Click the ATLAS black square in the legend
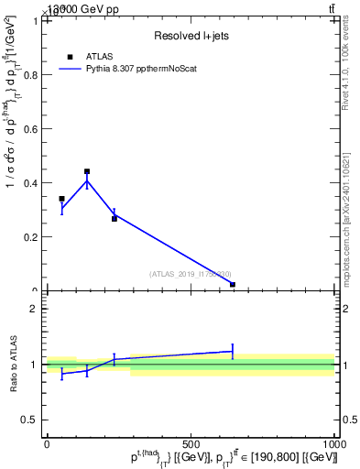pos(70,57)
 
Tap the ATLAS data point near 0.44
pos(87,171)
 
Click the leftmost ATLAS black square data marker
pos(61,199)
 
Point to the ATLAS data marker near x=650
pos(233,285)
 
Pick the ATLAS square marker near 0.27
pos(115,219)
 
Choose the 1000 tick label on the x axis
pos(333,444)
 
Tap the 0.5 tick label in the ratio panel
pos(29,420)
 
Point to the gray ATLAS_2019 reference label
pos(191,274)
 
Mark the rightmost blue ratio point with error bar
pos(233,351)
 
